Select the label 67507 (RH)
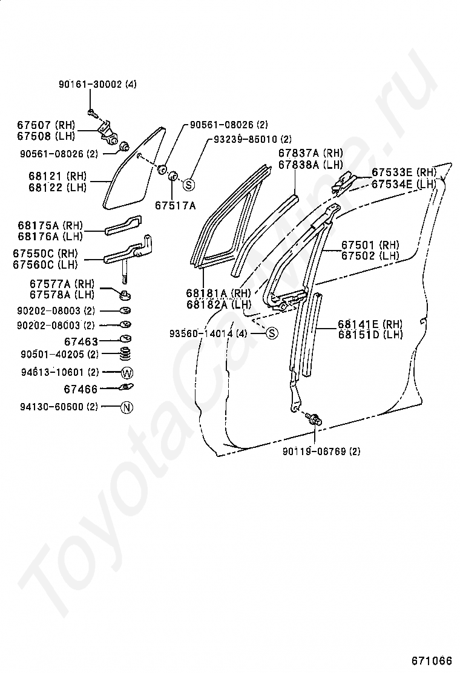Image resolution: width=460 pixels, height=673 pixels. pos(45,125)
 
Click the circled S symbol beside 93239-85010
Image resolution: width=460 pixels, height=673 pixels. pos(188,185)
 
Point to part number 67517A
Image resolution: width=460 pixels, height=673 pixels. pos(175,206)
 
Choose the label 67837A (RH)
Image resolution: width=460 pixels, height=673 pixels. pos(310,153)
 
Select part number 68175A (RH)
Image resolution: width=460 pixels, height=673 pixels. pos(51,225)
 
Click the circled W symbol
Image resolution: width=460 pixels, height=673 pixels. pos(126,372)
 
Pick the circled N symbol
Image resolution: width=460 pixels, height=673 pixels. pos(126,407)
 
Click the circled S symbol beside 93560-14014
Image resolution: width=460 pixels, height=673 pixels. pos(272,333)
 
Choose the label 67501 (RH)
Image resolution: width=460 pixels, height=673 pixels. pos(370,245)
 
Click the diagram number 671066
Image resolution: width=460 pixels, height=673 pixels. pos(432,660)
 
